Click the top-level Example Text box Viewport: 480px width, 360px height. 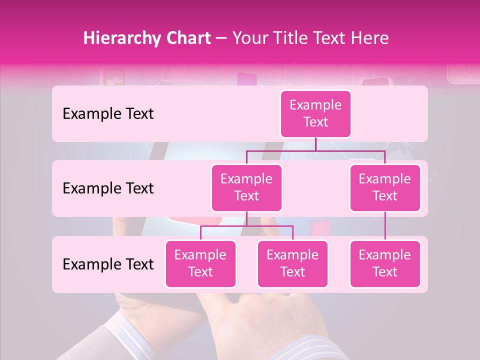pyautogui.click(x=315, y=113)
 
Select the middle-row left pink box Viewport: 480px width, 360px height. pyautogui.click(x=246, y=187)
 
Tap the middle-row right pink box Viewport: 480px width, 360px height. pyautogui.click(x=385, y=187)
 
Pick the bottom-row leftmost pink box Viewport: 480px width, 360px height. pyautogui.click(x=200, y=263)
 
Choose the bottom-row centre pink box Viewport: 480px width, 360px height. pyautogui.click(x=292, y=263)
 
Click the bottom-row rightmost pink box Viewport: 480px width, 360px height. pyautogui.click(x=385, y=263)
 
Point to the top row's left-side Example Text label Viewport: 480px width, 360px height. pyautogui.click(x=108, y=114)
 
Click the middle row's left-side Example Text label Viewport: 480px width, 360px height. pyautogui.click(x=108, y=188)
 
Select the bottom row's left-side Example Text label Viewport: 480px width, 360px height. pyautogui.click(x=108, y=264)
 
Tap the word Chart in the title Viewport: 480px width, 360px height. pyautogui.click(x=185, y=38)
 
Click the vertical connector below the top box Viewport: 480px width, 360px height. pyautogui.click(x=315, y=144)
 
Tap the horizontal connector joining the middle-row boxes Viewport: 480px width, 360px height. pyautogui.click(x=315, y=150)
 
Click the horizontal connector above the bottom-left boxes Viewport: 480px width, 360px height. pyautogui.click(x=246, y=226)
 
